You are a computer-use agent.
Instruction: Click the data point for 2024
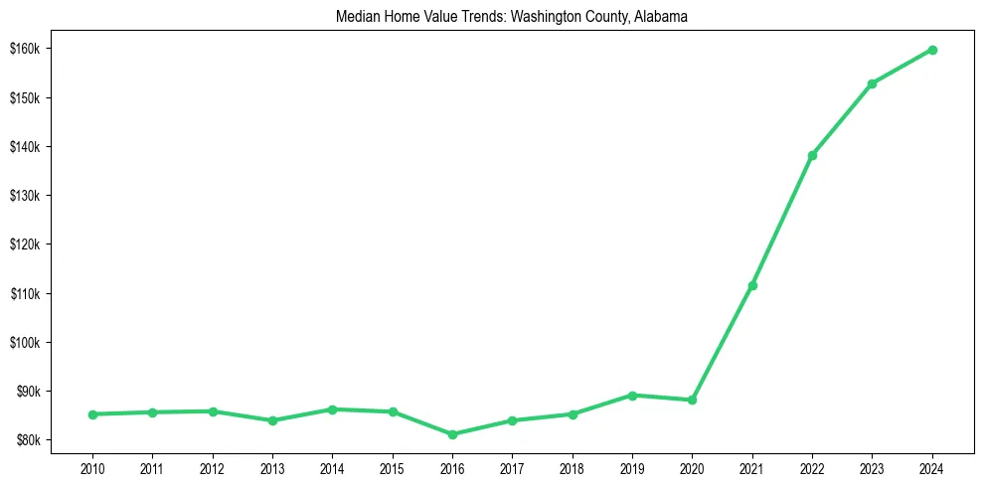click(932, 50)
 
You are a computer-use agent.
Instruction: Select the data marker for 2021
click(752, 285)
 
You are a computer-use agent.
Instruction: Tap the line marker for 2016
click(452, 434)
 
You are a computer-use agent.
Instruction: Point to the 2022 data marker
click(812, 155)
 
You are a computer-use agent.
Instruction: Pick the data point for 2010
click(92, 414)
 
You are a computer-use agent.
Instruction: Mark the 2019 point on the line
click(632, 395)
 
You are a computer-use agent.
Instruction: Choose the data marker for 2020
click(692, 400)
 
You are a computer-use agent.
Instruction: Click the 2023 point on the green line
click(872, 83)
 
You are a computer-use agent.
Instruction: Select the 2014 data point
click(332, 409)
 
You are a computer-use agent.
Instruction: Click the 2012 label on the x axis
click(212, 466)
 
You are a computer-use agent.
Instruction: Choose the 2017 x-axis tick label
click(512, 466)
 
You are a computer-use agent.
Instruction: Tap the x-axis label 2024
click(932, 466)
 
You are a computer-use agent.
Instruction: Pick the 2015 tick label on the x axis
click(393, 466)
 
